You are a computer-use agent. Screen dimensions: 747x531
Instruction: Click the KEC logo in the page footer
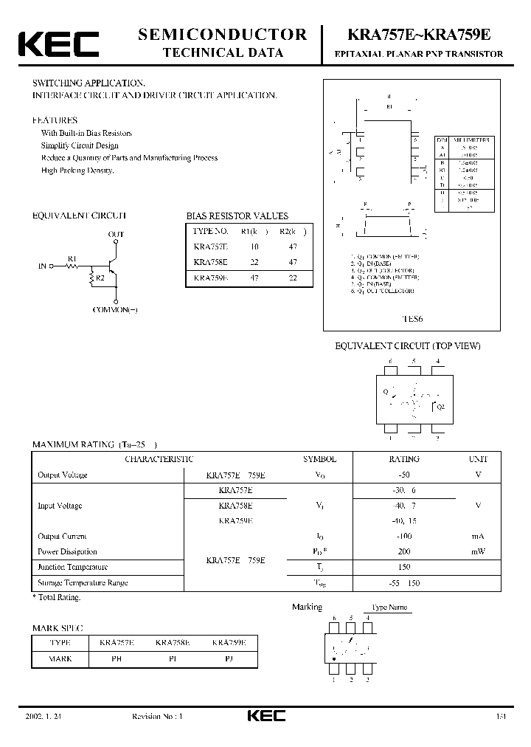pyautogui.click(x=265, y=716)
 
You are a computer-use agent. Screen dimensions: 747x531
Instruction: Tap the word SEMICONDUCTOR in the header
pyautogui.click(x=223, y=34)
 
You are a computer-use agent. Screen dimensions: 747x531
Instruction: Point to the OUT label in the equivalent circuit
pyautogui.click(x=116, y=235)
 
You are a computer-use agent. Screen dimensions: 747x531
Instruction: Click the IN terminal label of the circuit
pyautogui.click(x=42, y=265)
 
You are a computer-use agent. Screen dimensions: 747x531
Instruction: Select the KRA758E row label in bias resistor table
pyautogui.click(x=210, y=262)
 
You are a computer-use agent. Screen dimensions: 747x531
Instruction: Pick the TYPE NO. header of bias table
pyautogui.click(x=212, y=232)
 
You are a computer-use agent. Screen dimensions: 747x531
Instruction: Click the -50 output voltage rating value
pyautogui.click(x=404, y=475)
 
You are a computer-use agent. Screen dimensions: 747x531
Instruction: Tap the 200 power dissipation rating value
pyautogui.click(x=404, y=552)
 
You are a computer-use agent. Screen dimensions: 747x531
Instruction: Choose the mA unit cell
pyautogui.click(x=478, y=537)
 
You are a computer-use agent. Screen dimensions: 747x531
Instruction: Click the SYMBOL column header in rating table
pyautogui.click(x=319, y=459)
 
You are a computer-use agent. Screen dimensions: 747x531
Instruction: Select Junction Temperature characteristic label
pyautogui.click(x=72, y=568)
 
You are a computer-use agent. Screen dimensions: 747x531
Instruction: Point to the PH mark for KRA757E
pyautogui.click(x=117, y=658)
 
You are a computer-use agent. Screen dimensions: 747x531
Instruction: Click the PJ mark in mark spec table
pyautogui.click(x=229, y=658)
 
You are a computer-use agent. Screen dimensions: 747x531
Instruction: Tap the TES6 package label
pyautogui.click(x=412, y=319)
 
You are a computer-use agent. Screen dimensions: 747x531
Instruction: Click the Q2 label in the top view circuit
pyautogui.click(x=441, y=407)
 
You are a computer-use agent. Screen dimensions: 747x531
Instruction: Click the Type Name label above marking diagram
pyautogui.click(x=389, y=607)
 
